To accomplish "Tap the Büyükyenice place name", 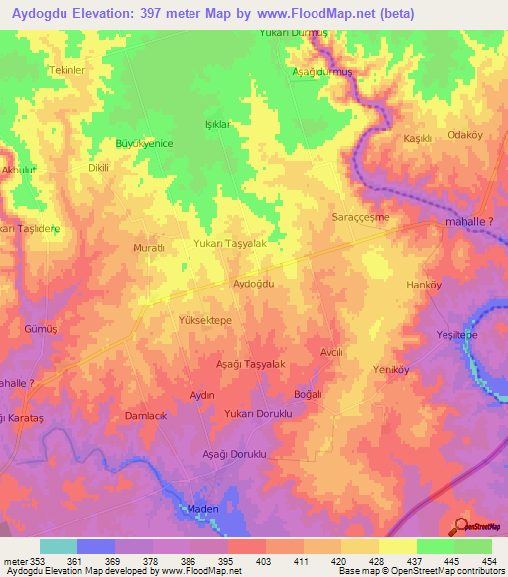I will (x=145, y=144).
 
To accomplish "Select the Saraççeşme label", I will (x=359, y=216).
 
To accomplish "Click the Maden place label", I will (x=202, y=509).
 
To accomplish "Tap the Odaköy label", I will (x=465, y=135).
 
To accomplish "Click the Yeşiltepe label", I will (x=457, y=336).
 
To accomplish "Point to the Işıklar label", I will (x=217, y=125).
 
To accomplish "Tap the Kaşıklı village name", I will (x=417, y=139).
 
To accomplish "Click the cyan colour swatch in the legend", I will (x=59, y=546).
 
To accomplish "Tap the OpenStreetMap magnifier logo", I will (x=461, y=528).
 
